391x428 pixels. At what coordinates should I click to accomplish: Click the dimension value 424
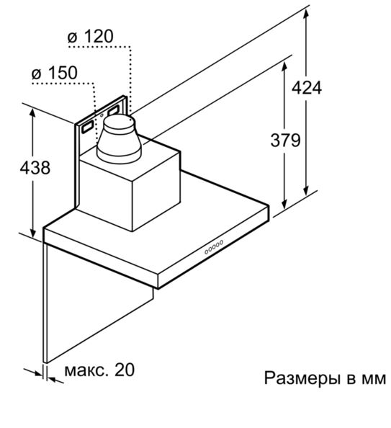click(307, 88)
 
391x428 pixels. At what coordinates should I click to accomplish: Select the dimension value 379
click(285, 140)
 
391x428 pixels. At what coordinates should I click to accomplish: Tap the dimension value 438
click(35, 167)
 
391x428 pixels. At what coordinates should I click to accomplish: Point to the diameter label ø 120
click(90, 36)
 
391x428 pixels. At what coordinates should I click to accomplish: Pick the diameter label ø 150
click(55, 73)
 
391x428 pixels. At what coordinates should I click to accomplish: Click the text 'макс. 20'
click(99, 370)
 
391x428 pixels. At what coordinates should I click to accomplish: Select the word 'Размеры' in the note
click(302, 378)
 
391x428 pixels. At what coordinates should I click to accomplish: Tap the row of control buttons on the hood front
click(214, 247)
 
